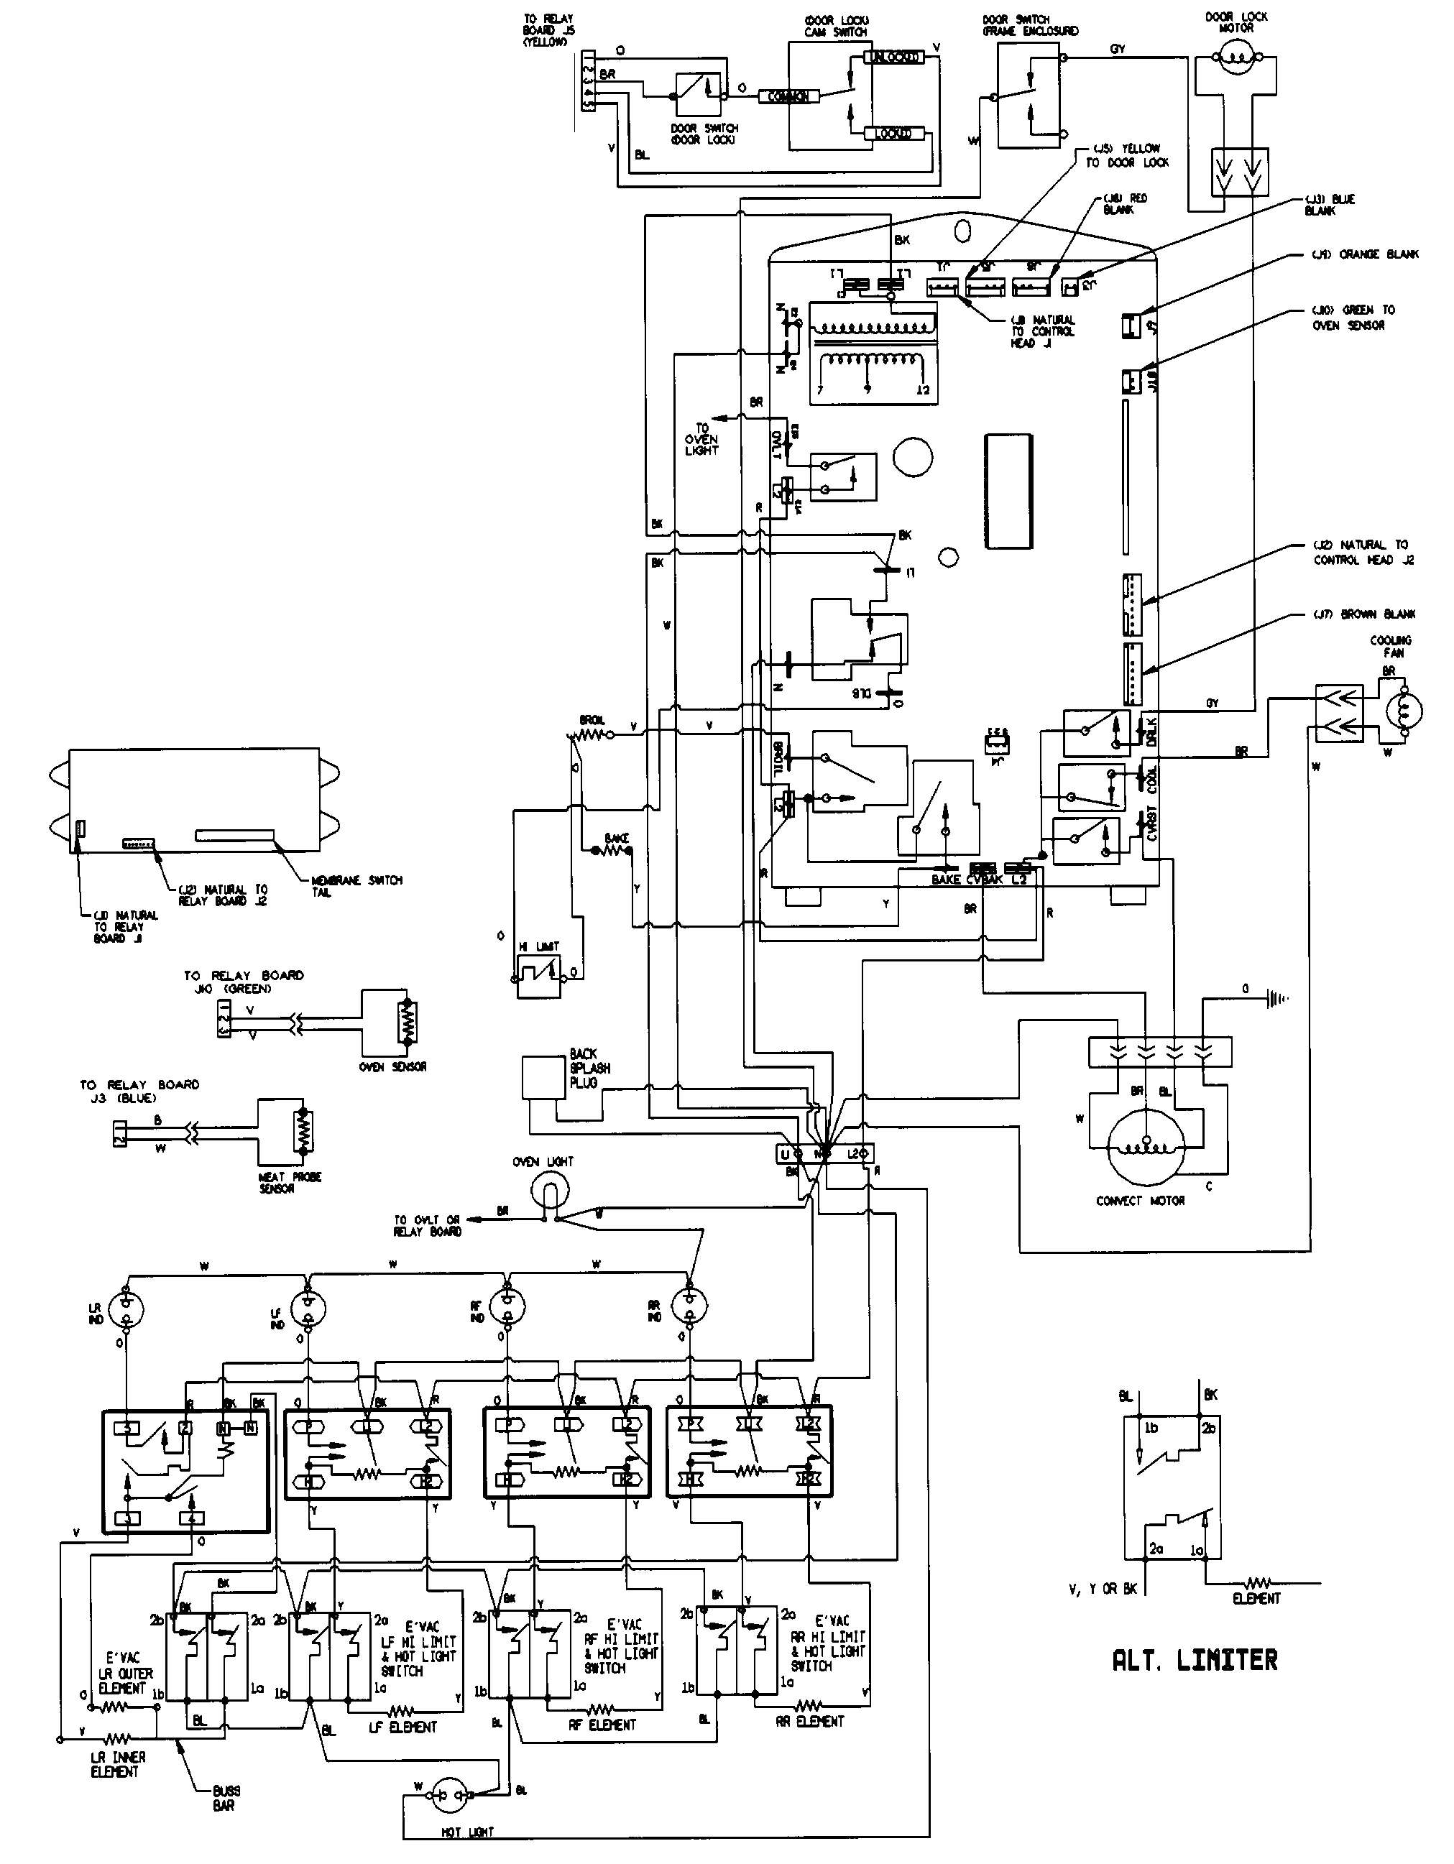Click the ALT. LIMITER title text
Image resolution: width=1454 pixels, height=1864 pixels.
click(x=1195, y=1660)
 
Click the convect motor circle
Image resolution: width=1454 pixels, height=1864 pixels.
click(x=1146, y=1145)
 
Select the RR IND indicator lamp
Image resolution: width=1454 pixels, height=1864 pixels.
click(x=690, y=1305)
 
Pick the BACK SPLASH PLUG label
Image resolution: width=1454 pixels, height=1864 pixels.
click(x=589, y=1068)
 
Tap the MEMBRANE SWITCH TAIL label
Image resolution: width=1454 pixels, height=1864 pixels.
click(x=356, y=886)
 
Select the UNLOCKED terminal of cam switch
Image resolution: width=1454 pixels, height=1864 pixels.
click(x=893, y=57)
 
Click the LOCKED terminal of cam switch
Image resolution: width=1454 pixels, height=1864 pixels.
click(x=892, y=133)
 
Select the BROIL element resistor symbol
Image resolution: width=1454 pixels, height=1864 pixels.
click(x=589, y=732)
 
